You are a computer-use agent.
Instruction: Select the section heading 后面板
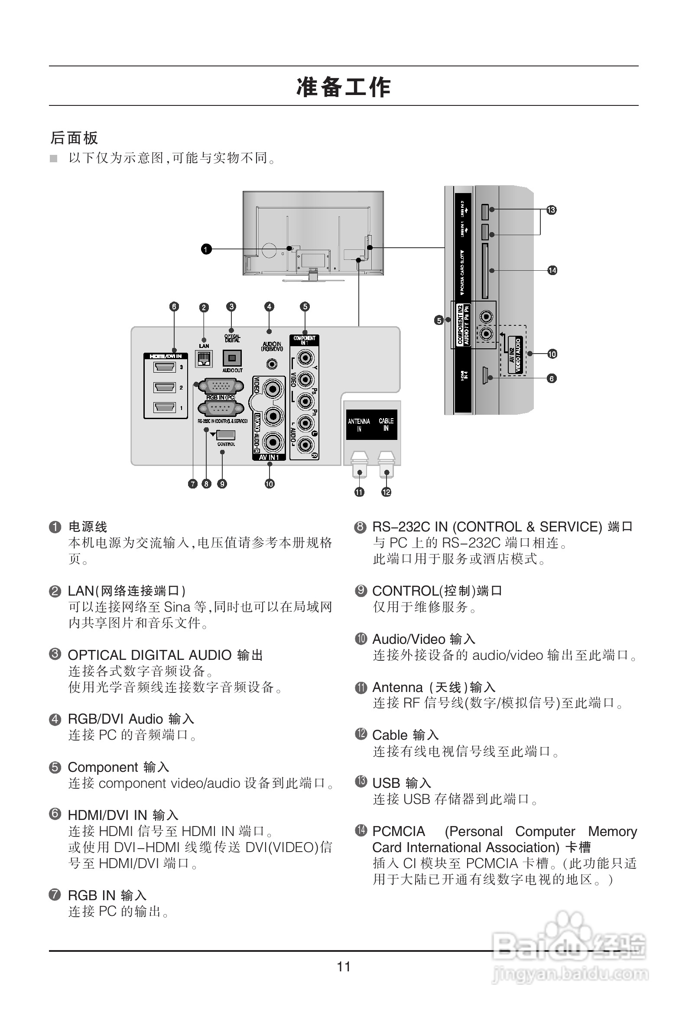click(x=74, y=138)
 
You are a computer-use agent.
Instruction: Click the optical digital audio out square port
click(x=232, y=358)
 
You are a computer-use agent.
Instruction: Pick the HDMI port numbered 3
click(x=164, y=367)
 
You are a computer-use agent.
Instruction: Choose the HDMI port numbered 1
click(x=164, y=408)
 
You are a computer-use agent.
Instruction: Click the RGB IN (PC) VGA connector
click(x=221, y=386)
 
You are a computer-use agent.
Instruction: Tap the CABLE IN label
click(x=386, y=425)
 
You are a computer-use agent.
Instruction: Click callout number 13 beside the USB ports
click(x=551, y=210)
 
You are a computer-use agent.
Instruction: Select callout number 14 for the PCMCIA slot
click(x=552, y=270)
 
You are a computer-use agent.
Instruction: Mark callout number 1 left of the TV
click(x=206, y=249)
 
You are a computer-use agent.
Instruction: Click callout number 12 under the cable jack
click(x=386, y=492)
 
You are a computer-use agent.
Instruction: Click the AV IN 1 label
click(x=269, y=457)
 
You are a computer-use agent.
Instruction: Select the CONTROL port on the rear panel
click(x=226, y=435)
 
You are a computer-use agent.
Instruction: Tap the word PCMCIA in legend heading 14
click(x=399, y=831)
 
